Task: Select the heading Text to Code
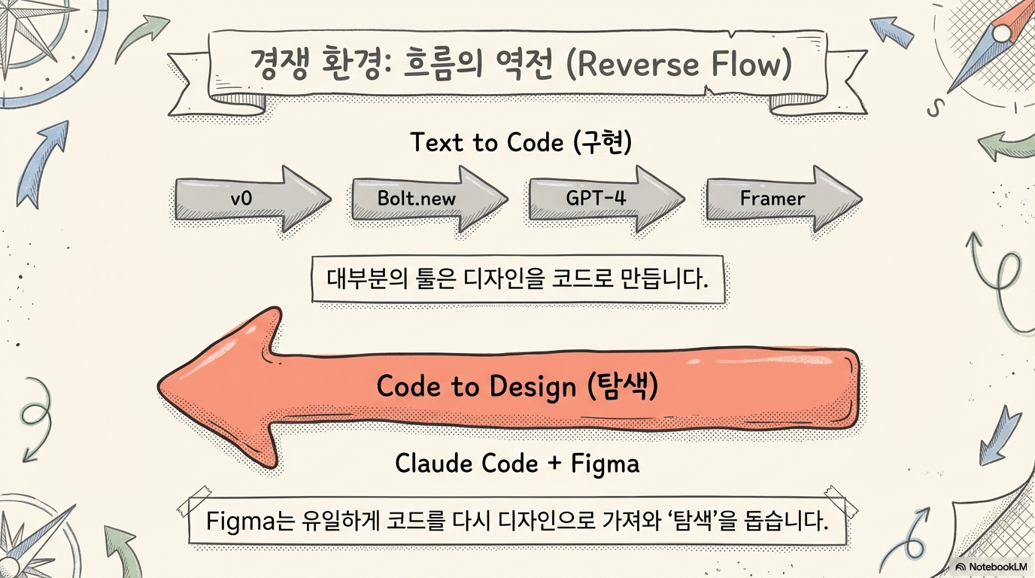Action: [487, 142]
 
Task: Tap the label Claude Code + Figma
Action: [517, 463]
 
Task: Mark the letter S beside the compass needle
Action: [935, 108]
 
